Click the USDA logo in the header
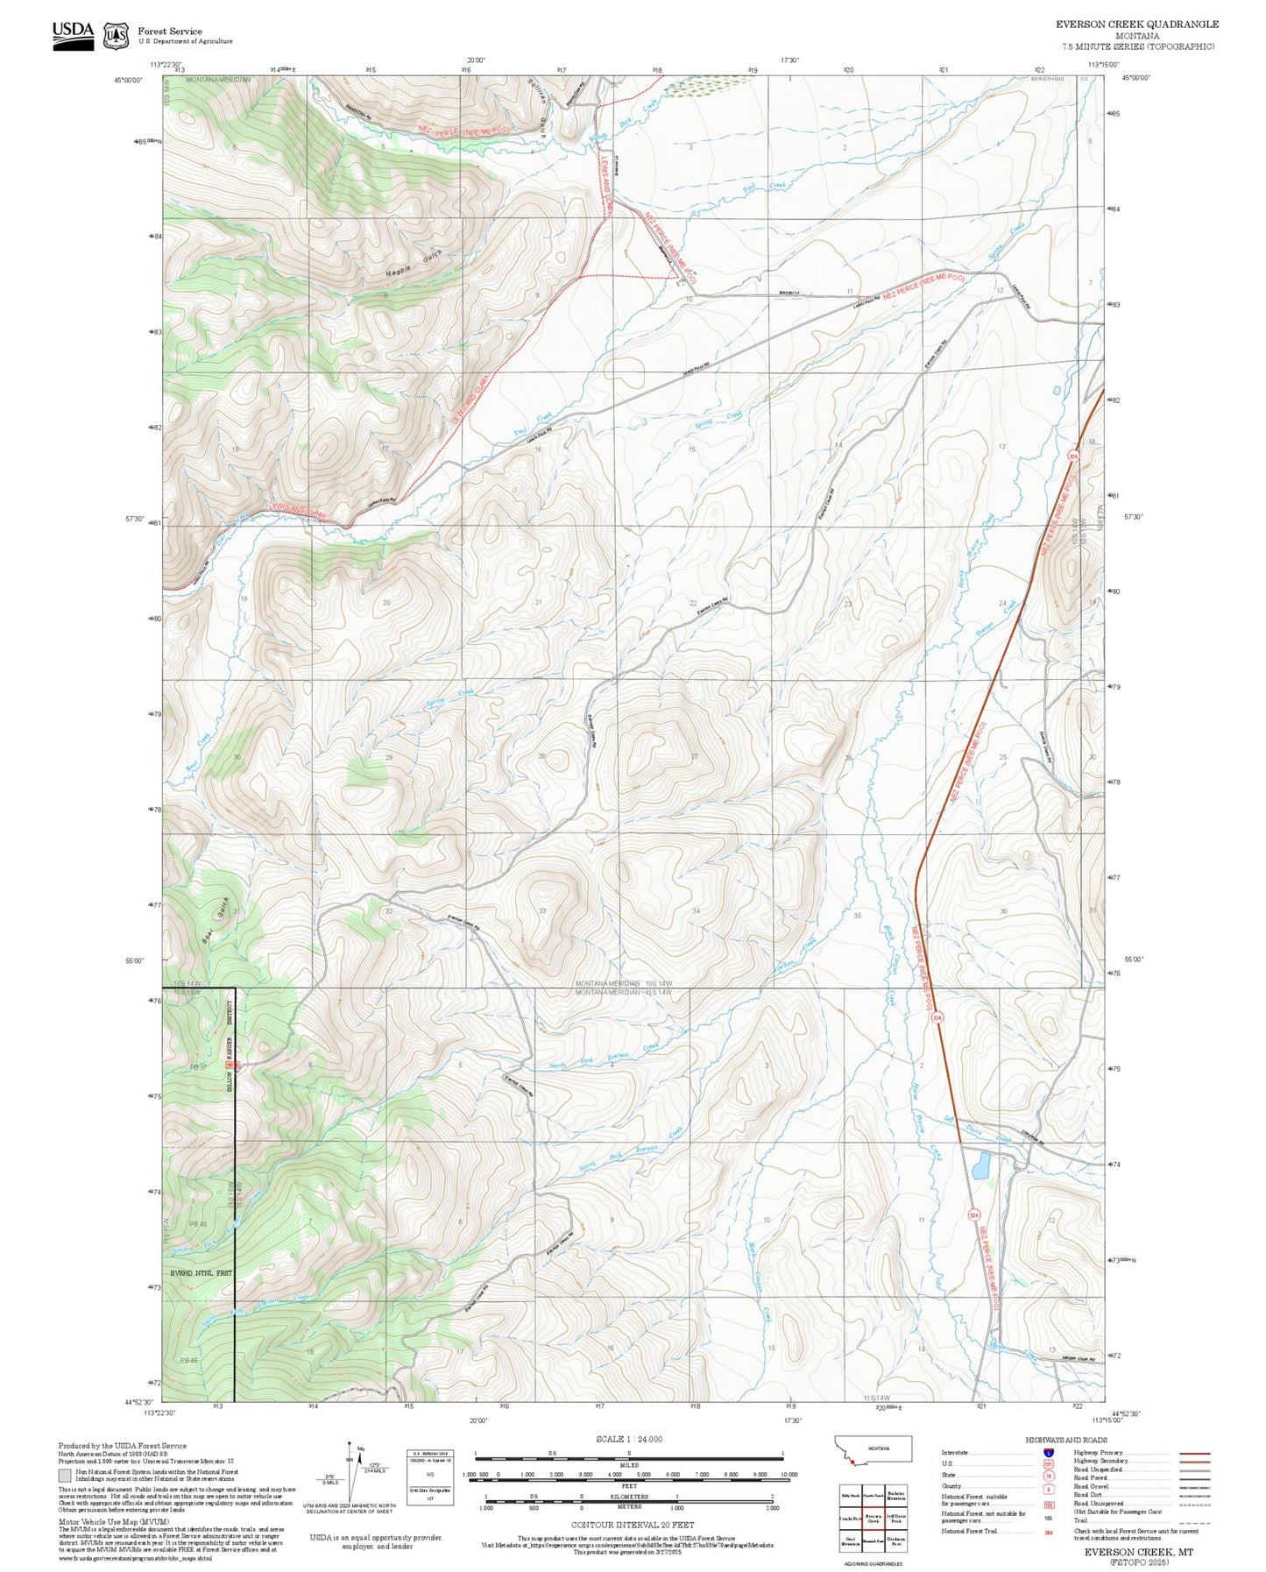tap(73, 34)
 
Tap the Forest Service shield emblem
tap(116, 36)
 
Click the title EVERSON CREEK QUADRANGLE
tap(1136, 25)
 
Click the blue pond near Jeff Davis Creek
tap(982, 1165)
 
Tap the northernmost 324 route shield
tap(1072, 457)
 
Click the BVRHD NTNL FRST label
tap(202, 1271)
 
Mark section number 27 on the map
tap(695, 756)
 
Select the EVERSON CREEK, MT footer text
tap(1138, 1551)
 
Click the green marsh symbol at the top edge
tap(708, 84)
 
